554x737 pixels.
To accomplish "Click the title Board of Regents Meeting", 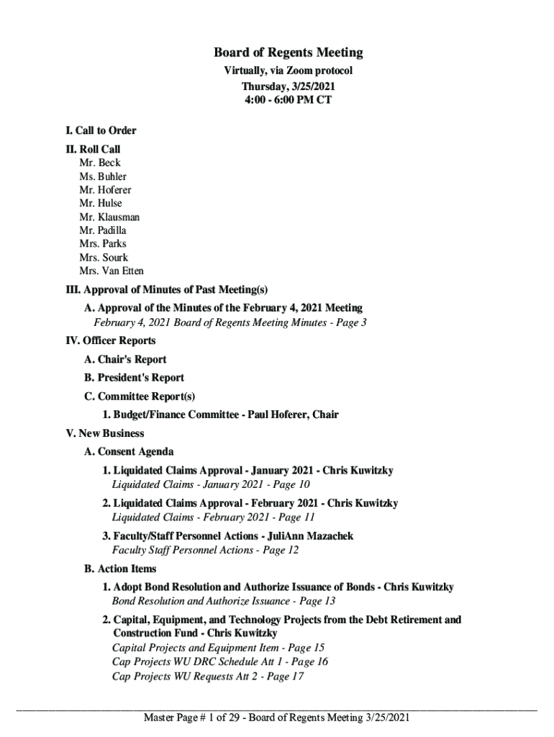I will pos(288,53).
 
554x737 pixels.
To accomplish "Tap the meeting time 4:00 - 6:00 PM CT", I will pos(288,99).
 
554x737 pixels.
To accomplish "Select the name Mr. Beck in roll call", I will pos(100,163).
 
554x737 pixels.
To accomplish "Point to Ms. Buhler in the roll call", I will pos(103,176).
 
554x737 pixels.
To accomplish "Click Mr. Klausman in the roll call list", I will pos(109,217).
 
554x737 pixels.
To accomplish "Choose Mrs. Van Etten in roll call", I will pos(112,271).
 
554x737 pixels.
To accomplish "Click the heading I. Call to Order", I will pos(100,130).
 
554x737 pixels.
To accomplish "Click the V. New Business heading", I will pos(104,433).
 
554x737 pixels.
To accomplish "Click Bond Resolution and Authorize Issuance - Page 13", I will pos(224,601).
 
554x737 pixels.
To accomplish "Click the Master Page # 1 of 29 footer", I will pos(276,717).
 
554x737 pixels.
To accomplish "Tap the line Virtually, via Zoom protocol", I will pos(288,71).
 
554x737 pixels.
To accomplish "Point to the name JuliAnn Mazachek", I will pos(310,536).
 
